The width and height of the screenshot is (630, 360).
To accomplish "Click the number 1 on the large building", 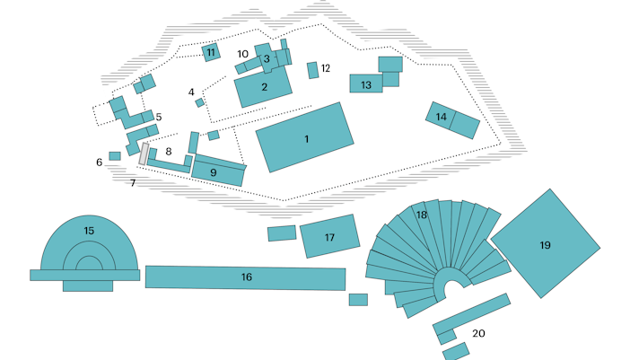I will pyautogui.click(x=306, y=139).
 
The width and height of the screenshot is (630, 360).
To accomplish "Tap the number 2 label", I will pyautogui.click(x=265, y=87).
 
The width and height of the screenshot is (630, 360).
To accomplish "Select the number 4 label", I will pyautogui.click(x=191, y=92).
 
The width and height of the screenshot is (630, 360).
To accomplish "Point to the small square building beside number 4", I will pyautogui.click(x=200, y=102).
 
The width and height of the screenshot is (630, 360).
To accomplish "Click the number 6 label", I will pyautogui.click(x=100, y=162).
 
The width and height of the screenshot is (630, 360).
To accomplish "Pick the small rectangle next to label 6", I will pyautogui.click(x=115, y=156).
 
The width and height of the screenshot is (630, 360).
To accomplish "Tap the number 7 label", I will pyautogui.click(x=132, y=183).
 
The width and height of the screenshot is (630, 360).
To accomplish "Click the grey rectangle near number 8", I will pyautogui.click(x=144, y=153).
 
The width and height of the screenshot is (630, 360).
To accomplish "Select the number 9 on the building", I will pyautogui.click(x=214, y=171).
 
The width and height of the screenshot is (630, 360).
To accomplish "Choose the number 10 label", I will pyautogui.click(x=242, y=55).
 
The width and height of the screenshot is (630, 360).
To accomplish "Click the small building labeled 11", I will pyautogui.click(x=211, y=52).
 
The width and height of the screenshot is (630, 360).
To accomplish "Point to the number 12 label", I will pyautogui.click(x=326, y=68).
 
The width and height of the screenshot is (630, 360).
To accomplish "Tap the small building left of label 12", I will pyautogui.click(x=312, y=70).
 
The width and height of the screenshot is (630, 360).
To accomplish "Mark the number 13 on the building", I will pyautogui.click(x=365, y=85).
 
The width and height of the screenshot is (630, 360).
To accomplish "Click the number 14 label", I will pyautogui.click(x=441, y=117).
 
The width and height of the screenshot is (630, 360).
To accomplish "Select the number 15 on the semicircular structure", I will pyautogui.click(x=89, y=231).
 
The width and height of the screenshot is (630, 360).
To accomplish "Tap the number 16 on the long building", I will pyautogui.click(x=246, y=277).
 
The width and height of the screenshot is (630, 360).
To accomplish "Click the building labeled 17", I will pyautogui.click(x=329, y=237).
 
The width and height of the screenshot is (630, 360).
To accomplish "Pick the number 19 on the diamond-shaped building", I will pyautogui.click(x=545, y=245).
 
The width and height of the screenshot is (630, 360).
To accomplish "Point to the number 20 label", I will pyautogui.click(x=478, y=333).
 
